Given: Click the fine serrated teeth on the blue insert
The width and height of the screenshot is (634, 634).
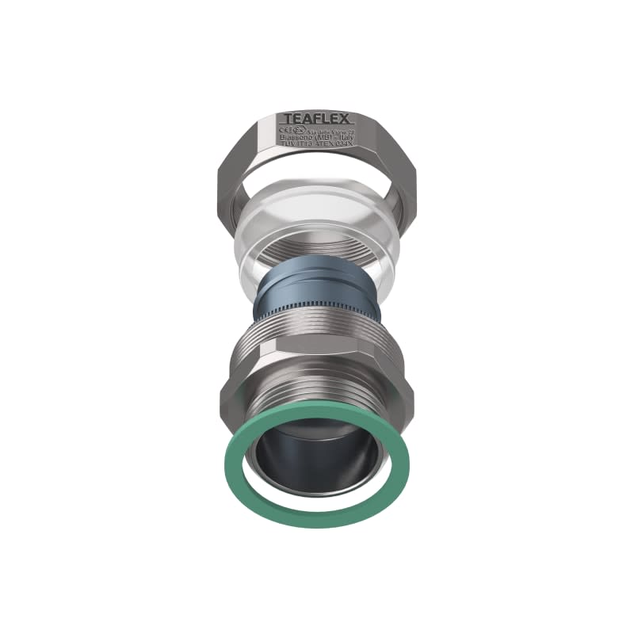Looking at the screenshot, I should [x=317, y=305].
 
